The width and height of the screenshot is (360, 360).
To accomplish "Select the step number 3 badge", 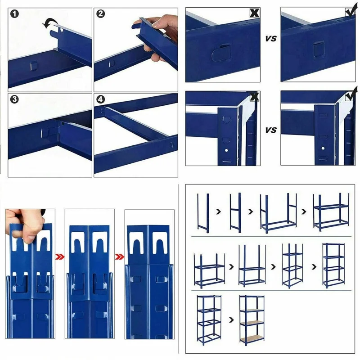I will [x=15, y=99].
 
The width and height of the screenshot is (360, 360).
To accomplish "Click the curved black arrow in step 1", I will [x=49, y=23].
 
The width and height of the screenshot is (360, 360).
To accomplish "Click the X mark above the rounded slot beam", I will [x=255, y=13].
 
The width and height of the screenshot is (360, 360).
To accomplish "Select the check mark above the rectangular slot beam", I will [x=350, y=12].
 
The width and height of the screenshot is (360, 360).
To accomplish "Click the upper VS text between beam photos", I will [x=270, y=39].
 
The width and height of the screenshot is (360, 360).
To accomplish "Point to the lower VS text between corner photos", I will [x=270, y=130].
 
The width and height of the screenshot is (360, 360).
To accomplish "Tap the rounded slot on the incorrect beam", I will [x=218, y=54].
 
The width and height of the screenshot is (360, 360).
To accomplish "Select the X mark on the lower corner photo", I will [x=255, y=96].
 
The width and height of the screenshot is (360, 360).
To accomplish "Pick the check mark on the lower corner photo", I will [x=350, y=96].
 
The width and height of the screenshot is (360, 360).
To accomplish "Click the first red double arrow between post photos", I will [x=60, y=257].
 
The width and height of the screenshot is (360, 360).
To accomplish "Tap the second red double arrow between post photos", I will [x=119, y=257].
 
